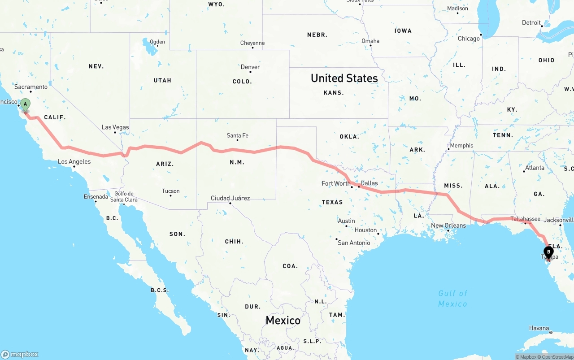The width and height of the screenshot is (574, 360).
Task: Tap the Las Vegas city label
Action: pyautogui.click(x=115, y=127)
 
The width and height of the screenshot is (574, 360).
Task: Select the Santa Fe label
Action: pyautogui.click(x=237, y=135)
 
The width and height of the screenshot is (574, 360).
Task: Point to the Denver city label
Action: pyautogui.click(x=250, y=67)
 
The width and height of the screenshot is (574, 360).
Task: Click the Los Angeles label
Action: pyautogui.click(x=74, y=162)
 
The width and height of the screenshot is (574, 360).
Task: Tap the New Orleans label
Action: pyautogui.click(x=448, y=226)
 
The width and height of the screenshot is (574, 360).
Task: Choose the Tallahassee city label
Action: pyautogui.click(x=526, y=219)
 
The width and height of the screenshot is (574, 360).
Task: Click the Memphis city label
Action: pyautogui.click(x=461, y=146)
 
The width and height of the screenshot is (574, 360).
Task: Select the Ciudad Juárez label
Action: pyautogui.click(x=230, y=198)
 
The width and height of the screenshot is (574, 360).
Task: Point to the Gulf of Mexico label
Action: pyautogui.click(x=452, y=299)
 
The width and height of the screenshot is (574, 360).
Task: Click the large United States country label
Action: pyautogui.click(x=344, y=78)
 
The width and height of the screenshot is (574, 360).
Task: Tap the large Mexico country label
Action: pyautogui.click(x=283, y=320)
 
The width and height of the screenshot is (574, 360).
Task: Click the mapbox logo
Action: pyautogui.click(x=20, y=354)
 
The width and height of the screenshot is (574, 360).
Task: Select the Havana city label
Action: pyautogui.click(x=539, y=328)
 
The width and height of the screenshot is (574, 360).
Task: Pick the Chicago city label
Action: pyautogui.click(x=469, y=39)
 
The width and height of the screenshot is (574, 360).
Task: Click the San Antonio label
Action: pyautogui.click(x=354, y=243)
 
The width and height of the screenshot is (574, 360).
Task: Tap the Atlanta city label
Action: pyautogui.click(x=535, y=168)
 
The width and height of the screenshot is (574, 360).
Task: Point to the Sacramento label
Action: pyautogui.click(x=31, y=87)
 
